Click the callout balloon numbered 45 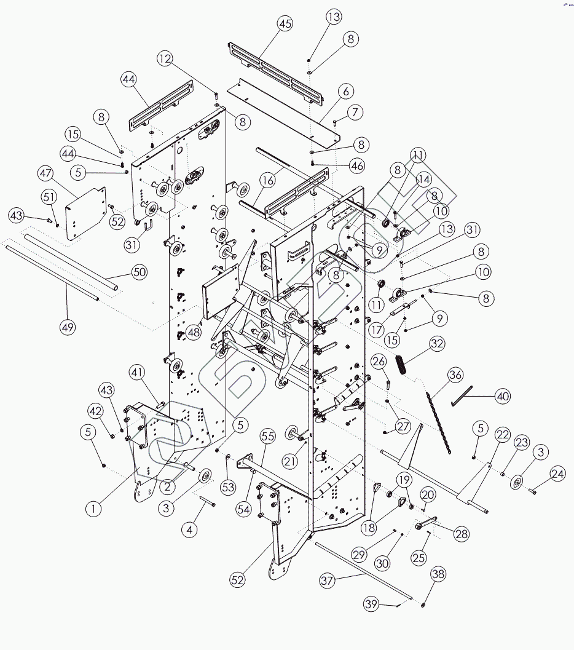285,24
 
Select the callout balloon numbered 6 345,92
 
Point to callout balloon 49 68,327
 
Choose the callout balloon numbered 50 140,272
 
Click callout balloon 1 93,509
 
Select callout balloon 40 503,397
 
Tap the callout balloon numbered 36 455,374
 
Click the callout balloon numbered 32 437,344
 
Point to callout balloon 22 503,435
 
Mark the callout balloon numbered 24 558,474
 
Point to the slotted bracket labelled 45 275,69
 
